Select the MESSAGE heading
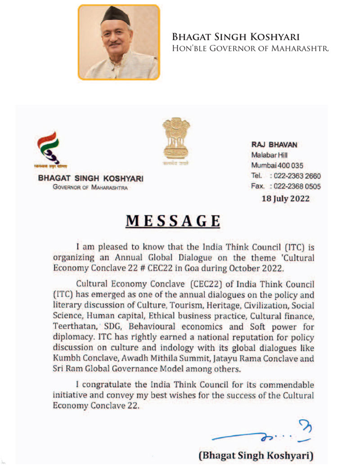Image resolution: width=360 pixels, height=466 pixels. pyautogui.click(x=173, y=221)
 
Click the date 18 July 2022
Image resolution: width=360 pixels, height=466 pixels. pyautogui.click(x=285, y=198)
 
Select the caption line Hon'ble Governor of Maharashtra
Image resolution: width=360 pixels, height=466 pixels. pyautogui.click(x=250, y=48)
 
